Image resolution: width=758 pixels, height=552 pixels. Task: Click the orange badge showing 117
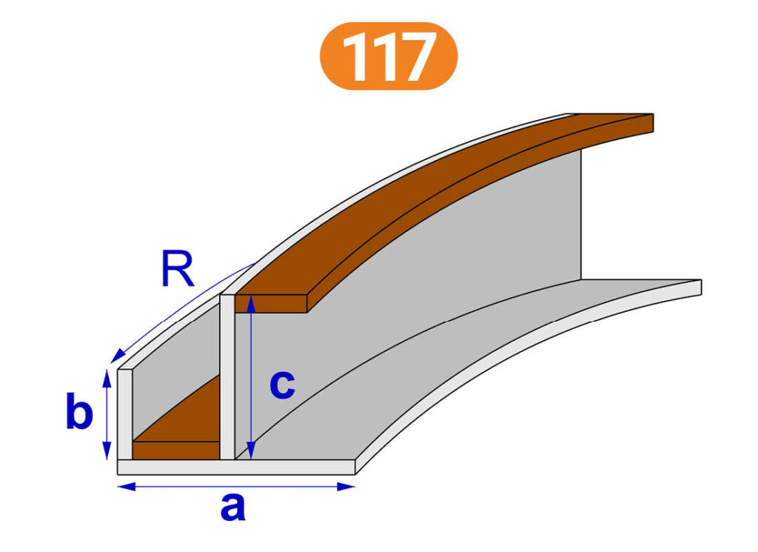point(388,56)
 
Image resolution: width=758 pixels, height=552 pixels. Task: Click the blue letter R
point(178,269)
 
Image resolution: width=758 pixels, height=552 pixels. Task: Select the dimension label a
point(233,508)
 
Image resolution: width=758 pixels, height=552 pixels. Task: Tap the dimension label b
point(79,411)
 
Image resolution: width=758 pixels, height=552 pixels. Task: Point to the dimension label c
point(282,385)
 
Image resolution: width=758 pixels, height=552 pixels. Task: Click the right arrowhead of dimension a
point(346,486)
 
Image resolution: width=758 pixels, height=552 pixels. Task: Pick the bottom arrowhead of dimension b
point(107,451)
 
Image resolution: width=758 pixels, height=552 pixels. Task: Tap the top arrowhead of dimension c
point(250,305)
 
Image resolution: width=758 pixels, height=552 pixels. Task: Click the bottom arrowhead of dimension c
point(250,450)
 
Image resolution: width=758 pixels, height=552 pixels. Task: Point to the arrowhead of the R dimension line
point(117,356)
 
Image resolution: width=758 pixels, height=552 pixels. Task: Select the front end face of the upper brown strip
point(271,303)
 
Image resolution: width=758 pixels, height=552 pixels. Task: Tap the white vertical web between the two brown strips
point(227,376)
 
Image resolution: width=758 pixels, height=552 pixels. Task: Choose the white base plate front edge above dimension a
point(236,467)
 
